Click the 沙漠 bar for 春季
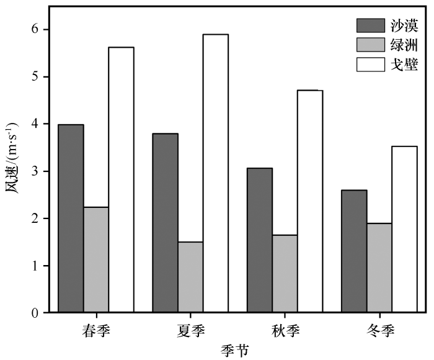tap(71, 218)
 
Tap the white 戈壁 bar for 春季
tap(121, 180)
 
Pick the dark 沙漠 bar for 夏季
tap(166, 223)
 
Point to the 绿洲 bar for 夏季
tap(190, 277)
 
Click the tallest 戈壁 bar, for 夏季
tap(215, 173)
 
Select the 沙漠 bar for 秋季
tap(260, 240)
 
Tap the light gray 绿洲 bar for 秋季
tap(285, 274)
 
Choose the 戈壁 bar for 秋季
tap(310, 201)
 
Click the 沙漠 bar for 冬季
tap(354, 251)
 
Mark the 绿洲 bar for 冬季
tap(379, 268)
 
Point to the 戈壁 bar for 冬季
tap(404, 229)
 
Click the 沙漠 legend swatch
tap(370, 25)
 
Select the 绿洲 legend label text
tap(404, 45)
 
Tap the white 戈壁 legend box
tap(370, 64)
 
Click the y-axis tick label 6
tap(35, 29)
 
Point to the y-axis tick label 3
tap(35, 171)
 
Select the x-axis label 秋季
tap(285, 328)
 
